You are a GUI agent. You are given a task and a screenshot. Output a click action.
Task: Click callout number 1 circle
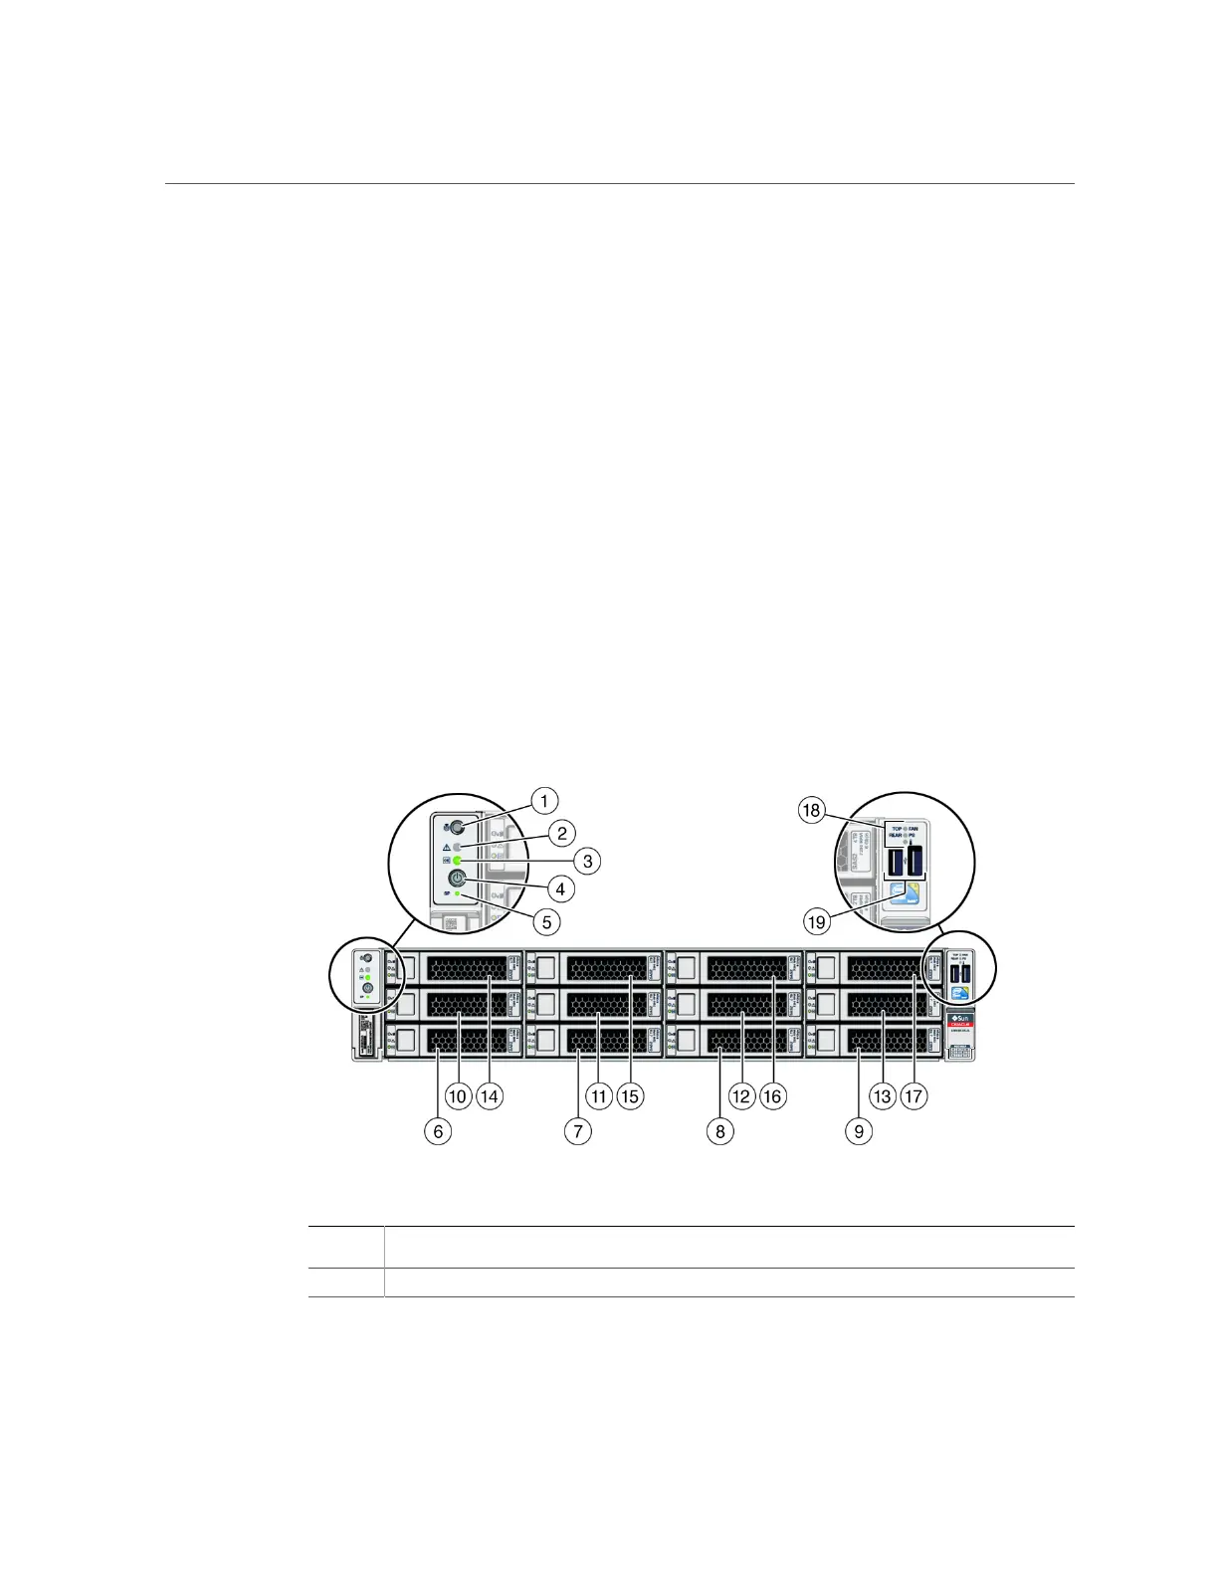(543, 800)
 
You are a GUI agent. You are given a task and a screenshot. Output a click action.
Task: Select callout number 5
(545, 921)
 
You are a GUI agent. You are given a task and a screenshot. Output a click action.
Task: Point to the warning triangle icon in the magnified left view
(446, 846)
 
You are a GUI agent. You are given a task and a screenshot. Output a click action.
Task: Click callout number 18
(812, 810)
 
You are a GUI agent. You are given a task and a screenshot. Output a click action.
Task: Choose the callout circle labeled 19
(816, 922)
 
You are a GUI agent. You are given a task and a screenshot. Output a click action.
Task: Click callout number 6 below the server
(437, 1130)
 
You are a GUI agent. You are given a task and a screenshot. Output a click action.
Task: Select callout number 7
(577, 1130)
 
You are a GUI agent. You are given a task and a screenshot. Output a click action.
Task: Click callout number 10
(458, 1096)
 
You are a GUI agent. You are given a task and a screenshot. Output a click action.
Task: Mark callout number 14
(490, 1096)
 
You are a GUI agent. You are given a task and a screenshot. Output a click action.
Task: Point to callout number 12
(741, 1096)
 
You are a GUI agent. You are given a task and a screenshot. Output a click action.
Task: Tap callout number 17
(913, 1096)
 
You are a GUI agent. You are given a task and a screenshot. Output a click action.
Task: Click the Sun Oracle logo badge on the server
(959, 1021)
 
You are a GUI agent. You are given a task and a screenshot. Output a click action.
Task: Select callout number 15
(630, 1096)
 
